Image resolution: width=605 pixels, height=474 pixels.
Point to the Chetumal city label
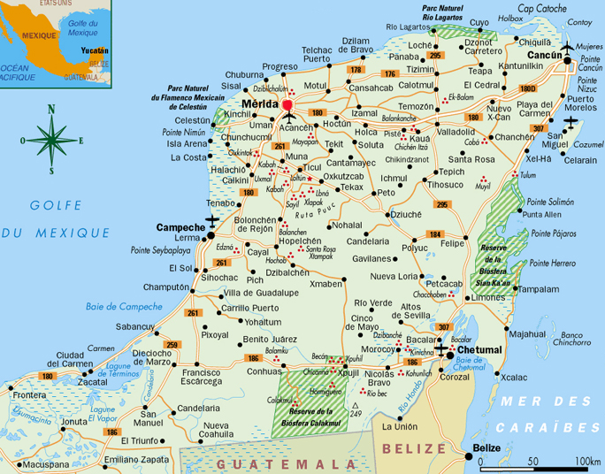tap(480, 350)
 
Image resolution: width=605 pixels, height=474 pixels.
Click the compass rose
tap(52, 139)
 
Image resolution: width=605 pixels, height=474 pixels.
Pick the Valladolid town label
tap(456, 131)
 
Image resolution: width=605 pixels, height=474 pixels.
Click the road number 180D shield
tap(527, 88)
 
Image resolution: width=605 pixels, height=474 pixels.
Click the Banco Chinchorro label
tap(572, 338)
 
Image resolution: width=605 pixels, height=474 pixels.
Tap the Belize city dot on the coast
tap(468, 457)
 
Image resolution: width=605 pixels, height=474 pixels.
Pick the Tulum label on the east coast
tap(527, 175)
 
